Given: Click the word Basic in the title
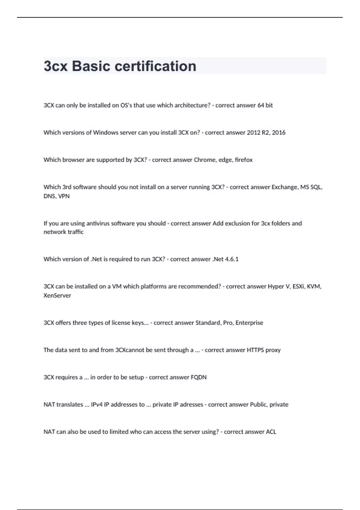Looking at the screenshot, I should [x=91, y=66].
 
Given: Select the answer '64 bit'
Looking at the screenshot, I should [x=265, y=105].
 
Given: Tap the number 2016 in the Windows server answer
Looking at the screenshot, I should [x=279, y=133].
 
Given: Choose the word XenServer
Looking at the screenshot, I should [x=57, y=295].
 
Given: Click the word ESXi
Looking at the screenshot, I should [x=298, y=286].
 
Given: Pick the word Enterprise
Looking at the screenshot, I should [x=249, y=323].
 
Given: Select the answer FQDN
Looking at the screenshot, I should [x=199, y=377].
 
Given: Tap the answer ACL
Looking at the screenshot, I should [x=271, y=432].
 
